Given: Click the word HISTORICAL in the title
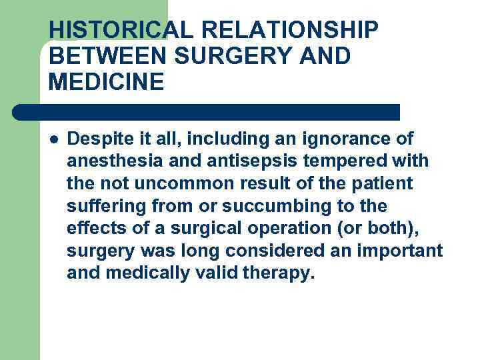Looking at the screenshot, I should pos(109,30).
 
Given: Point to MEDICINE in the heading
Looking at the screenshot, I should pos(106,83).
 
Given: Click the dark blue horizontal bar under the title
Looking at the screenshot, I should pos(207,112).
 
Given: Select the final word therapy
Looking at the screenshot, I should pos(280,273).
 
